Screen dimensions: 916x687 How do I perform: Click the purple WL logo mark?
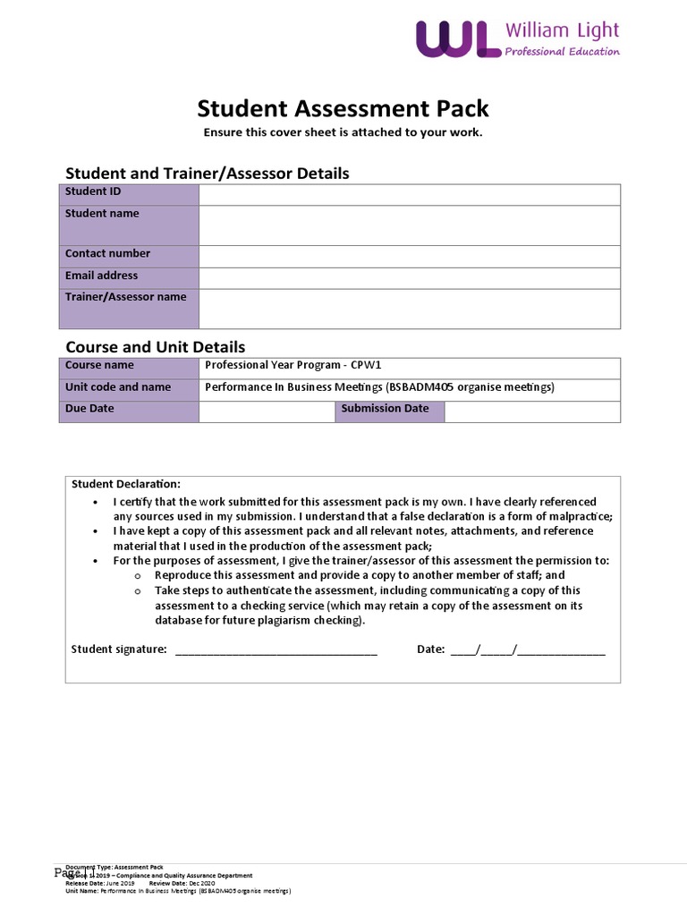pyautogui.click(x=457, y=40)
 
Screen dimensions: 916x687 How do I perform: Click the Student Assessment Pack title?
pyautogui.click(x=343, y=109)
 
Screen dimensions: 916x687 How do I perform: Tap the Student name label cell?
pyautogui.click(x=129, y=225)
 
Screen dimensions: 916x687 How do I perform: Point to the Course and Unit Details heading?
pyautogui.click(x=156, y=346)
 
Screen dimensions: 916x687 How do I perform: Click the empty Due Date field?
pyautogui.click(x=267, y=411)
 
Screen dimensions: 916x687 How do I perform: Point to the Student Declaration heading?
pyautogui.click(x=125, y=484)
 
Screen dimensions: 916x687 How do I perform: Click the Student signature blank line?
pyautogui.click(x=276, y=650)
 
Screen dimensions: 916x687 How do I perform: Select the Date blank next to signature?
pyautogui.click(x=528, y=650)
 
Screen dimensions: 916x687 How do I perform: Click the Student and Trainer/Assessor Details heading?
pyautogui.click(x=208, y=174)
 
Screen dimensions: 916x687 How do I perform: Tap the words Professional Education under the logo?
pyautogui.click(x=562, y=52)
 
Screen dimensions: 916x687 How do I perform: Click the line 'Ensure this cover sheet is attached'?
pyautogui.click(x=343, y=132)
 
